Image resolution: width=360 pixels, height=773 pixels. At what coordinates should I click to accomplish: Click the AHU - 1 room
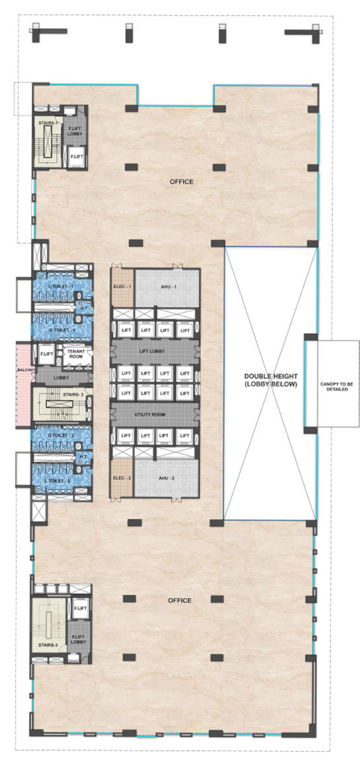[167, 288]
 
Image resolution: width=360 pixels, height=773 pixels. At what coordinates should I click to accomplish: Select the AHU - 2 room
[166, 478]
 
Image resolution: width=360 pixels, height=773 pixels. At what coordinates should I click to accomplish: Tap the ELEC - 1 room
[122, 288]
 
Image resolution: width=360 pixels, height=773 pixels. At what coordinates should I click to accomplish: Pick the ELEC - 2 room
[122, 478]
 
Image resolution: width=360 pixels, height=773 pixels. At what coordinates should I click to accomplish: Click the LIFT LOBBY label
[152, 351]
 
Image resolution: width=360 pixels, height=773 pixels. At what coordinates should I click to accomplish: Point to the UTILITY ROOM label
[150, 414]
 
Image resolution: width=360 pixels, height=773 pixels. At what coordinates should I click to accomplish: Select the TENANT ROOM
[76, 354]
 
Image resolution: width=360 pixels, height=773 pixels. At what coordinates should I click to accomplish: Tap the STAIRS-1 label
[46, 123]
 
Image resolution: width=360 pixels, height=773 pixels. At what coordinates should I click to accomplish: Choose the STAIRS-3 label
[48, 645]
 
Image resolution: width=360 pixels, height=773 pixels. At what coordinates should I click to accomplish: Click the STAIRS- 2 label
[73, 394]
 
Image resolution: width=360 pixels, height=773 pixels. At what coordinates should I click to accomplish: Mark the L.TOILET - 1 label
[61, 286]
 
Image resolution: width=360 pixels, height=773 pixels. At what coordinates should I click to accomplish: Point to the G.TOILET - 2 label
[61, 435]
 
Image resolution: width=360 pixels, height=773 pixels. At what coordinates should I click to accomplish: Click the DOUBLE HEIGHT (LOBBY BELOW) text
[271, 380]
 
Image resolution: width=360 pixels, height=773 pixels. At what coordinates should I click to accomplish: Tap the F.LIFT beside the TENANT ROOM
[46, 354]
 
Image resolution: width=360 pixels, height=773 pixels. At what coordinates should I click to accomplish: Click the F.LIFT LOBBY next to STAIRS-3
[78, 639]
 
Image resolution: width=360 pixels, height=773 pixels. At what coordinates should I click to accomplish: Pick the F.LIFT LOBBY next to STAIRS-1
[75, 131]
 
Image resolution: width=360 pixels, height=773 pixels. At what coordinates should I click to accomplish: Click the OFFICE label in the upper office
[182, 181]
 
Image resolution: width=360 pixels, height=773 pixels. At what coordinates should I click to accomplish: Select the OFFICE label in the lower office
[179, 600]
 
